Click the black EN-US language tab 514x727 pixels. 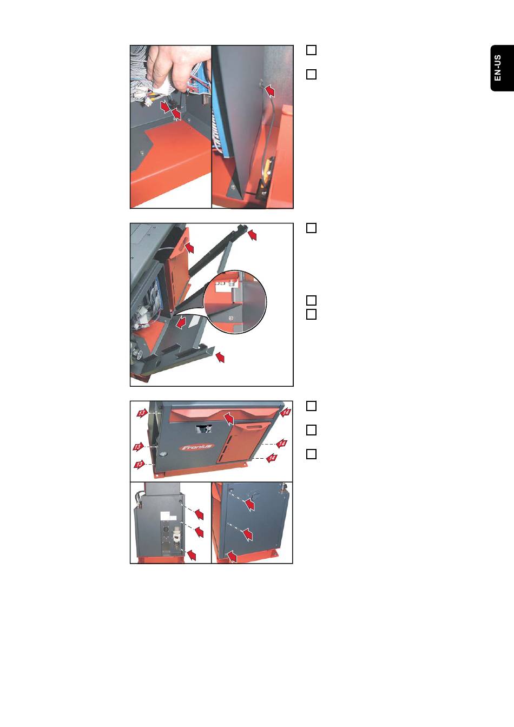(x=502, y=68)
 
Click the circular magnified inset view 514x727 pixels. (x=235, y=302)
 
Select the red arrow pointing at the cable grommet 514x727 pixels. (x=270, y=90)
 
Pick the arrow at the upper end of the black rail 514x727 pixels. (x=252, y=234)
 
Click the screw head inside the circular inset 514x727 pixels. (x=231, y=318)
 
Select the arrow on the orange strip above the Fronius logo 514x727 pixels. (x=228, y=418)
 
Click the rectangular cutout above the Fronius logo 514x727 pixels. (x=203, y=429)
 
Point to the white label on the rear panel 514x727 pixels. (x=168, y=516)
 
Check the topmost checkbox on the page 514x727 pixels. (x=312, y=50)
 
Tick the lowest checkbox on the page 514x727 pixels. (x=312, y=454)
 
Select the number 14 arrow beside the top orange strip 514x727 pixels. (x=286, y=413)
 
